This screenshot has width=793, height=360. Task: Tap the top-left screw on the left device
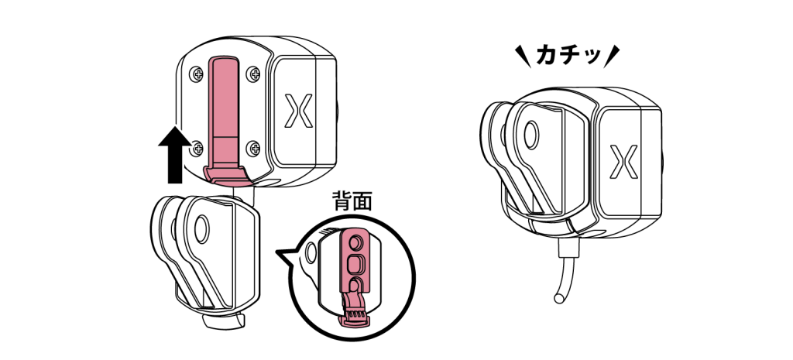coord(194,74)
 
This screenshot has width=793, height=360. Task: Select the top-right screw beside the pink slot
coord(253,74)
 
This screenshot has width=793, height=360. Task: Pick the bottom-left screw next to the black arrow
coord(196,145)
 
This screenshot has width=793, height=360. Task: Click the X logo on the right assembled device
coord(623,162)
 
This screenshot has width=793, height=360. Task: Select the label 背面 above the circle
coord(352,202)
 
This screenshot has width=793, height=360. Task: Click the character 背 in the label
coord(342,202)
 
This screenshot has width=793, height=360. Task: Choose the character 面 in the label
coord(362,202)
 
